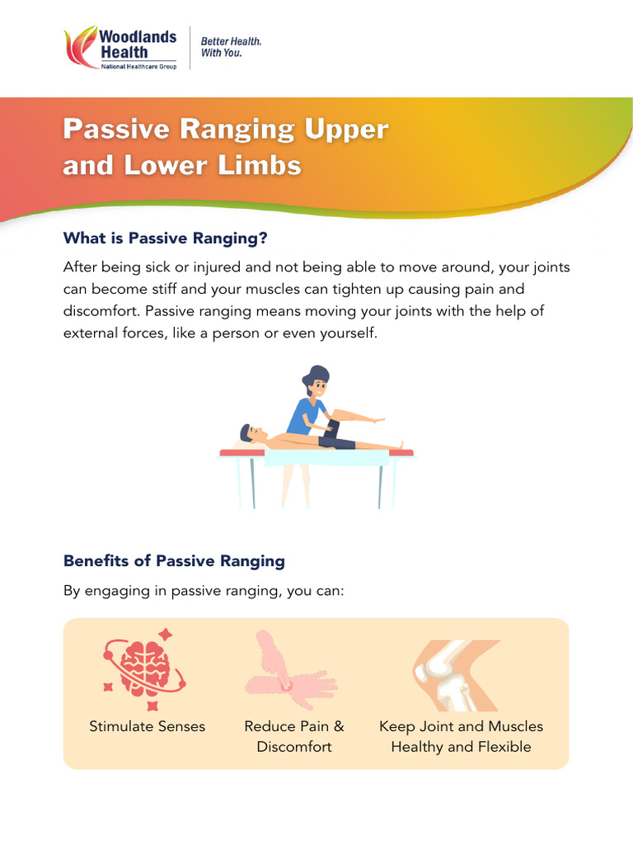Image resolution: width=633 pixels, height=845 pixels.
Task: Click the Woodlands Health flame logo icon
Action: point(81,49)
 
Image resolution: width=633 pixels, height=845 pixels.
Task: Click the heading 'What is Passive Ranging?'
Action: point(166,238)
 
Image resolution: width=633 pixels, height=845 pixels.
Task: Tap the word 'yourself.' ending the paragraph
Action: point(348,333)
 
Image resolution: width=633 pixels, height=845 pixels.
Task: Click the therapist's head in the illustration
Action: point(316,381)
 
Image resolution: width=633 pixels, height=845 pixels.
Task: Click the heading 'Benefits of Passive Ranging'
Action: point(174,561)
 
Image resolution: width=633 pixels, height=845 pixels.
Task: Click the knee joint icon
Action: point(456,675)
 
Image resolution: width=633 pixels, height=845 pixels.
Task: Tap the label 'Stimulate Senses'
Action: point(147,726)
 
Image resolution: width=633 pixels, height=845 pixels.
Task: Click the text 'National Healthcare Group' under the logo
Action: point(138,66)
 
